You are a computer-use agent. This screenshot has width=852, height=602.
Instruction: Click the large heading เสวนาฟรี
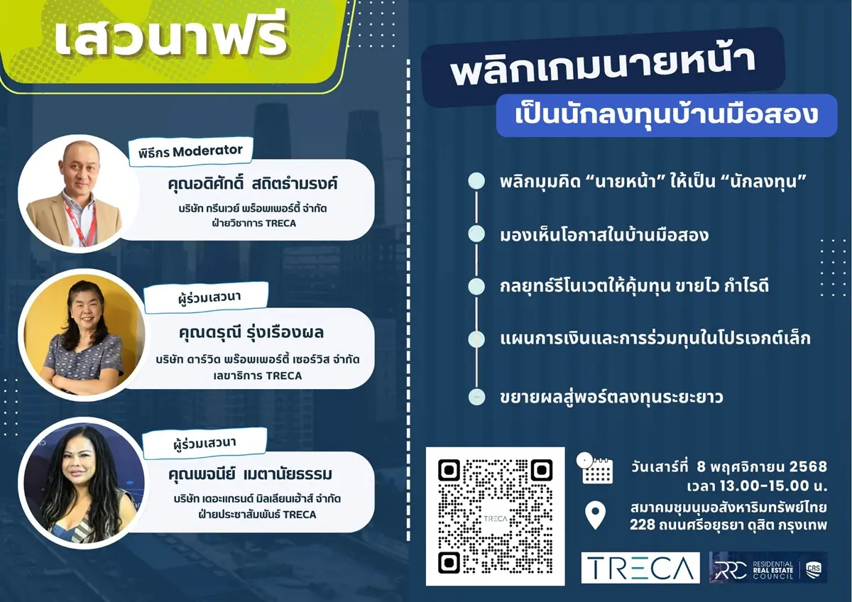coord(170,40)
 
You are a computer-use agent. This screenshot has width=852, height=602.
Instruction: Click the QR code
coord(495,516)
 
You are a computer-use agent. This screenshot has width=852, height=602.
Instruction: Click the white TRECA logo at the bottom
coord(640,567)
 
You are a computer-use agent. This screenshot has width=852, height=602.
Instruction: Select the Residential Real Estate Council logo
coord(768,567)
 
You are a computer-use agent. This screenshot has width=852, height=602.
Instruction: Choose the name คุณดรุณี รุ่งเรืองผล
coord(256,333)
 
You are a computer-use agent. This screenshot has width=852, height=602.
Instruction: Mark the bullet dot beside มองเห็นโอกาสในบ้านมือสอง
coord(477,234)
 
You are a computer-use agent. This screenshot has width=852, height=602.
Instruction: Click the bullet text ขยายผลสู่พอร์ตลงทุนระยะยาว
coord(611,397)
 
